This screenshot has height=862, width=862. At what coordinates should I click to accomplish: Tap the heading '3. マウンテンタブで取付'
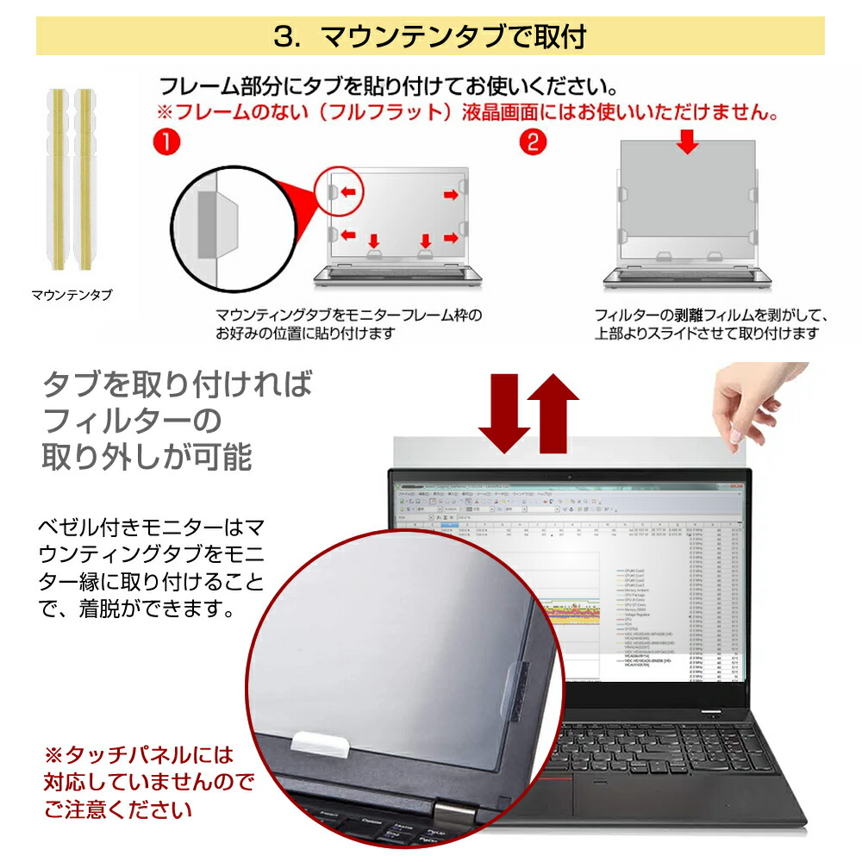(430, 36)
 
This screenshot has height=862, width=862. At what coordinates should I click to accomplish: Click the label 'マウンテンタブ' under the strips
(72, 296)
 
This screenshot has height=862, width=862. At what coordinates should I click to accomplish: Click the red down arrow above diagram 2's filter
(687, 142)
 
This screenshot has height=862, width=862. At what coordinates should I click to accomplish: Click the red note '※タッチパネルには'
(139, 756)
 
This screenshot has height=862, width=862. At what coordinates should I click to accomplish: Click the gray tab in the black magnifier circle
(210, 224)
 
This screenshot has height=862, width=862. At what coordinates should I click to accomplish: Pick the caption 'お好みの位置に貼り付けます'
(305, 333)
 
